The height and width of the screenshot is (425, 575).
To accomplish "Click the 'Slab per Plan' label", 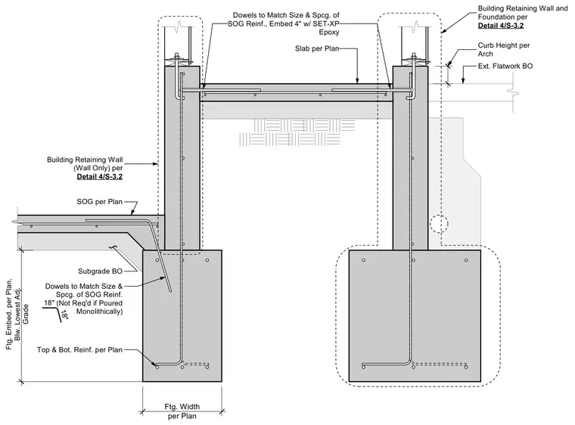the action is (317, 48).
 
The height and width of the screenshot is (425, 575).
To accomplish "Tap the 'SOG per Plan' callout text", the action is (99, 202).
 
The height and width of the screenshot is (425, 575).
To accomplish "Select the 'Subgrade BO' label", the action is (100, 271).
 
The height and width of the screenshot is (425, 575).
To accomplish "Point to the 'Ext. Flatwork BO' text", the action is (505, 66).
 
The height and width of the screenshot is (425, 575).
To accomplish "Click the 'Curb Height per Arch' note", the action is (503, 49).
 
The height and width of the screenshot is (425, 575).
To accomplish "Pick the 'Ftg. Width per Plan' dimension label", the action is (182, 411).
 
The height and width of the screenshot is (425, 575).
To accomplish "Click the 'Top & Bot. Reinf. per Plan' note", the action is (79, 350).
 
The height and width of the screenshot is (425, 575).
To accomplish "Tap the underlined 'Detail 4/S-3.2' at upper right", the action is (501, 26).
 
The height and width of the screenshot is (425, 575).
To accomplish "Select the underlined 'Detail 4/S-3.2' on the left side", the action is (99, 177).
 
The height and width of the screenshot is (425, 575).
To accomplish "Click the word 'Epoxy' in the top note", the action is (329, 33).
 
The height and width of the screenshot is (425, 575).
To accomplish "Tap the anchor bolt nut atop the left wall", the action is (177, 55).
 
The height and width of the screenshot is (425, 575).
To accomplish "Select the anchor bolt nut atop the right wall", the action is (414, 55).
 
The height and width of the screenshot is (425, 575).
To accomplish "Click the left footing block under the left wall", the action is (182, 315).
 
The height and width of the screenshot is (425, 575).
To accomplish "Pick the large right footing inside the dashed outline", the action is (415, 315).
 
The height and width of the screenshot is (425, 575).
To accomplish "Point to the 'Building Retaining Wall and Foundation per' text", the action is (522, 12).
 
